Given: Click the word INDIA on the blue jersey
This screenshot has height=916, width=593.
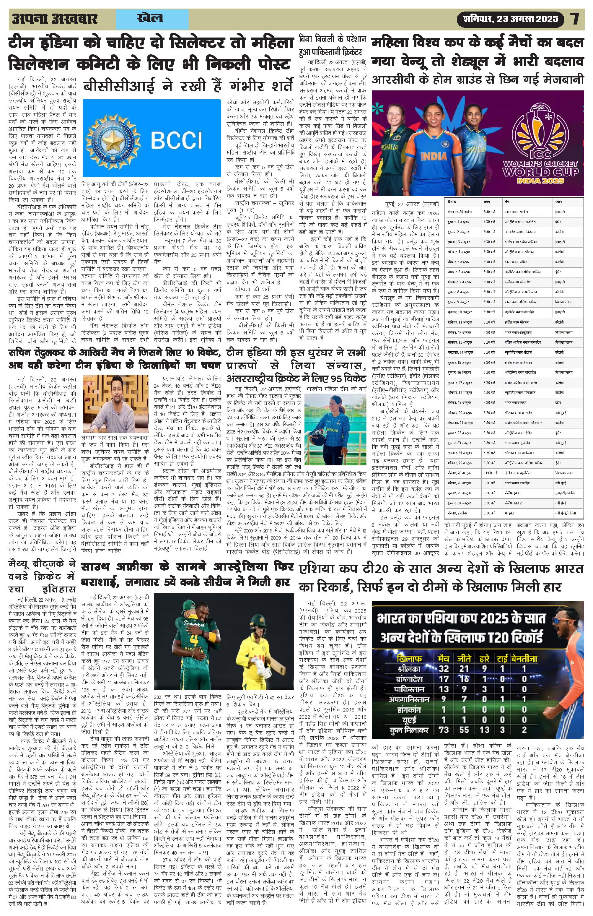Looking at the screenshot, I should point(434,156).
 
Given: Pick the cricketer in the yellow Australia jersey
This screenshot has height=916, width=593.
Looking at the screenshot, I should point(257,662).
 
